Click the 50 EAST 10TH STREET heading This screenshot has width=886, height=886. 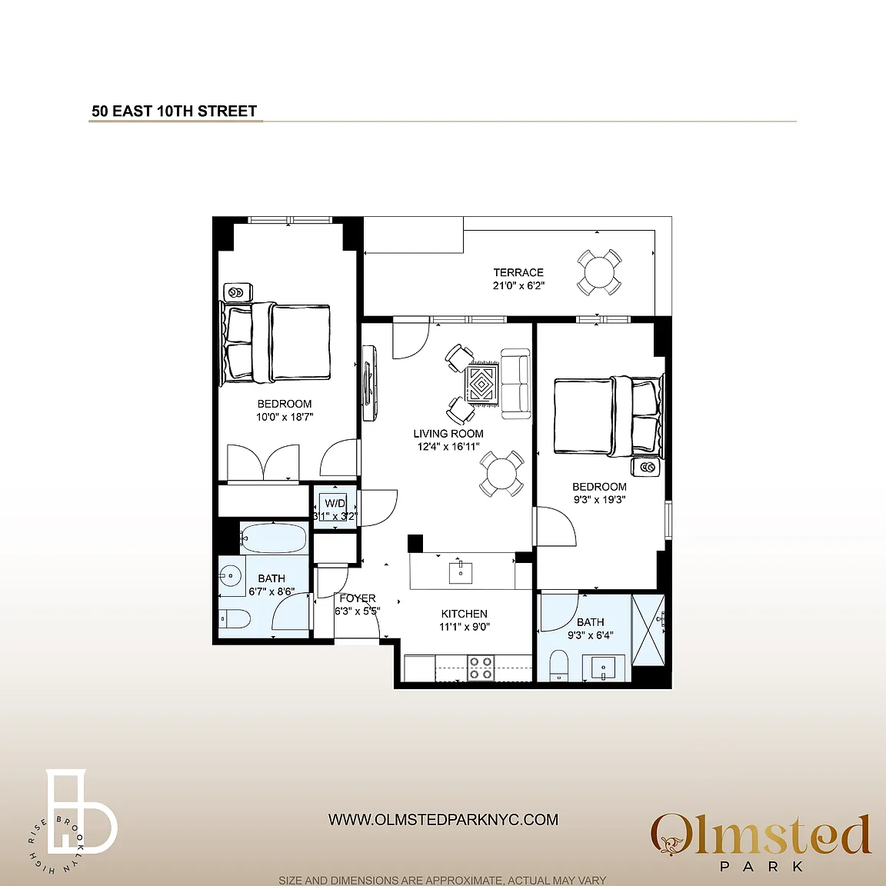click(x=174, y=111)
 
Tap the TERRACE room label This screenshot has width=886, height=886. click(x=518, y=272)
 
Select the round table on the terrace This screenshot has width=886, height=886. click(x=599, y=271)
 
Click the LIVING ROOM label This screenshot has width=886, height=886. click(x=448, y=434)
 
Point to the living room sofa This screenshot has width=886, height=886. click(x=515, y=384)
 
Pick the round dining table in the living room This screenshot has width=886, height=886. click(x=501, y=474)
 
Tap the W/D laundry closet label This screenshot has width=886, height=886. click(x=335, y=503)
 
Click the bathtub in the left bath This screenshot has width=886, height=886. click(x=274, y=537)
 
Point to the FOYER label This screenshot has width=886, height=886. click(x=358, y=598)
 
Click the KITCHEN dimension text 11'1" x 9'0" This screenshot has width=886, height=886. click(x=464, y=627)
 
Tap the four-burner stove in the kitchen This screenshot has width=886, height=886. click(x=481, y=668)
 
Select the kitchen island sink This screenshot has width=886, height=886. click(x=461, y=571)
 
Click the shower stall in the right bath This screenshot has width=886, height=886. click(x=648, y=629)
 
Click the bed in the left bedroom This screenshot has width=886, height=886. click(x=275, y=342)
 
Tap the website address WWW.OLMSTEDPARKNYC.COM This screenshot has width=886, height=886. click(x=443, y=819)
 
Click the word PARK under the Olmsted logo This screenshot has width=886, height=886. click(x=761, y=866)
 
